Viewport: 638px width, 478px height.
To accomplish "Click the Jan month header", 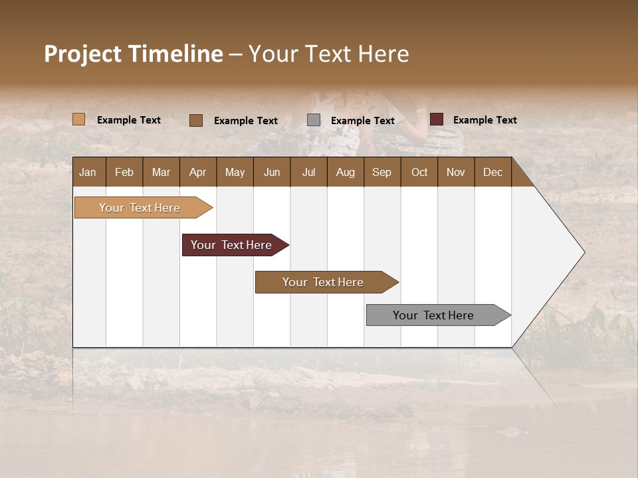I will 88,172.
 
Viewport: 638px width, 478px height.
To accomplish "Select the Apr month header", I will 197,172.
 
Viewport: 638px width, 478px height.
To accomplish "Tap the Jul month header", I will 308,172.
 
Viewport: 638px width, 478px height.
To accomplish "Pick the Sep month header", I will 381,172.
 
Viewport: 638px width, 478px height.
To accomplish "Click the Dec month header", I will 492,172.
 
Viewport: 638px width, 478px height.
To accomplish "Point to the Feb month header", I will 124,172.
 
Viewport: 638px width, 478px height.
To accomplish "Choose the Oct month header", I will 419,172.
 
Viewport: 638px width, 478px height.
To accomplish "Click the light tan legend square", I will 78,119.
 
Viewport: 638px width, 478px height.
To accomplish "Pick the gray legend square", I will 314,120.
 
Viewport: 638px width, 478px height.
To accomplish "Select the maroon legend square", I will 436,119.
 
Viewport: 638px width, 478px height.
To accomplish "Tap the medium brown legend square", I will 195,120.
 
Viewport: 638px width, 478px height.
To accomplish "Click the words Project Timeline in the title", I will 133,54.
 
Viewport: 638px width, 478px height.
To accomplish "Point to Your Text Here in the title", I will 328,54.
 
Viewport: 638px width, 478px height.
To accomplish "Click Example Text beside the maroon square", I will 484,119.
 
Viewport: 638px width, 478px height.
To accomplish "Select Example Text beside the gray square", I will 362,120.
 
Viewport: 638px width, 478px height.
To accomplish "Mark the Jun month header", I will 272,172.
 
